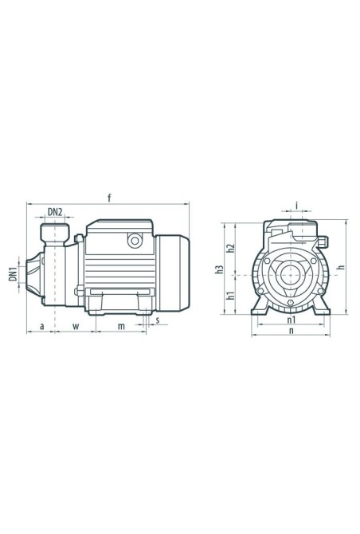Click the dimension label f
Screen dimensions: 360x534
point(109,198)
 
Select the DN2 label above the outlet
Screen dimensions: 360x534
point(55,212)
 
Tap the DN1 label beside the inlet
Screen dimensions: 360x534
point(13,274)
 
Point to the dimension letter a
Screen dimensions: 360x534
point(42,326)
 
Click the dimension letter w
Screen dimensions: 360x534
point(76,326)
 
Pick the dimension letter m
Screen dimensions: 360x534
point(121,326)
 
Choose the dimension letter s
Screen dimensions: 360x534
point(158,320)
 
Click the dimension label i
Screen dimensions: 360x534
point(297,206)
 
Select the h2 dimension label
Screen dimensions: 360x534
point(231,248)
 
